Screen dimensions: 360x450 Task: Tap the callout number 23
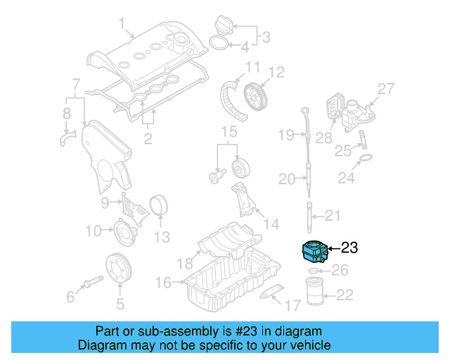[x=349, y=247]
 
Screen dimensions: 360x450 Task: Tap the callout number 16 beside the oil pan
[x=163, y=282]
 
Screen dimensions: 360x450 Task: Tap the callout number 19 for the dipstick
[x=285, y=134]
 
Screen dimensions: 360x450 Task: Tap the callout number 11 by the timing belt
[x=252, y=67]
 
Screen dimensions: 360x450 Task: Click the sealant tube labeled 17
[x=270, y=293]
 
